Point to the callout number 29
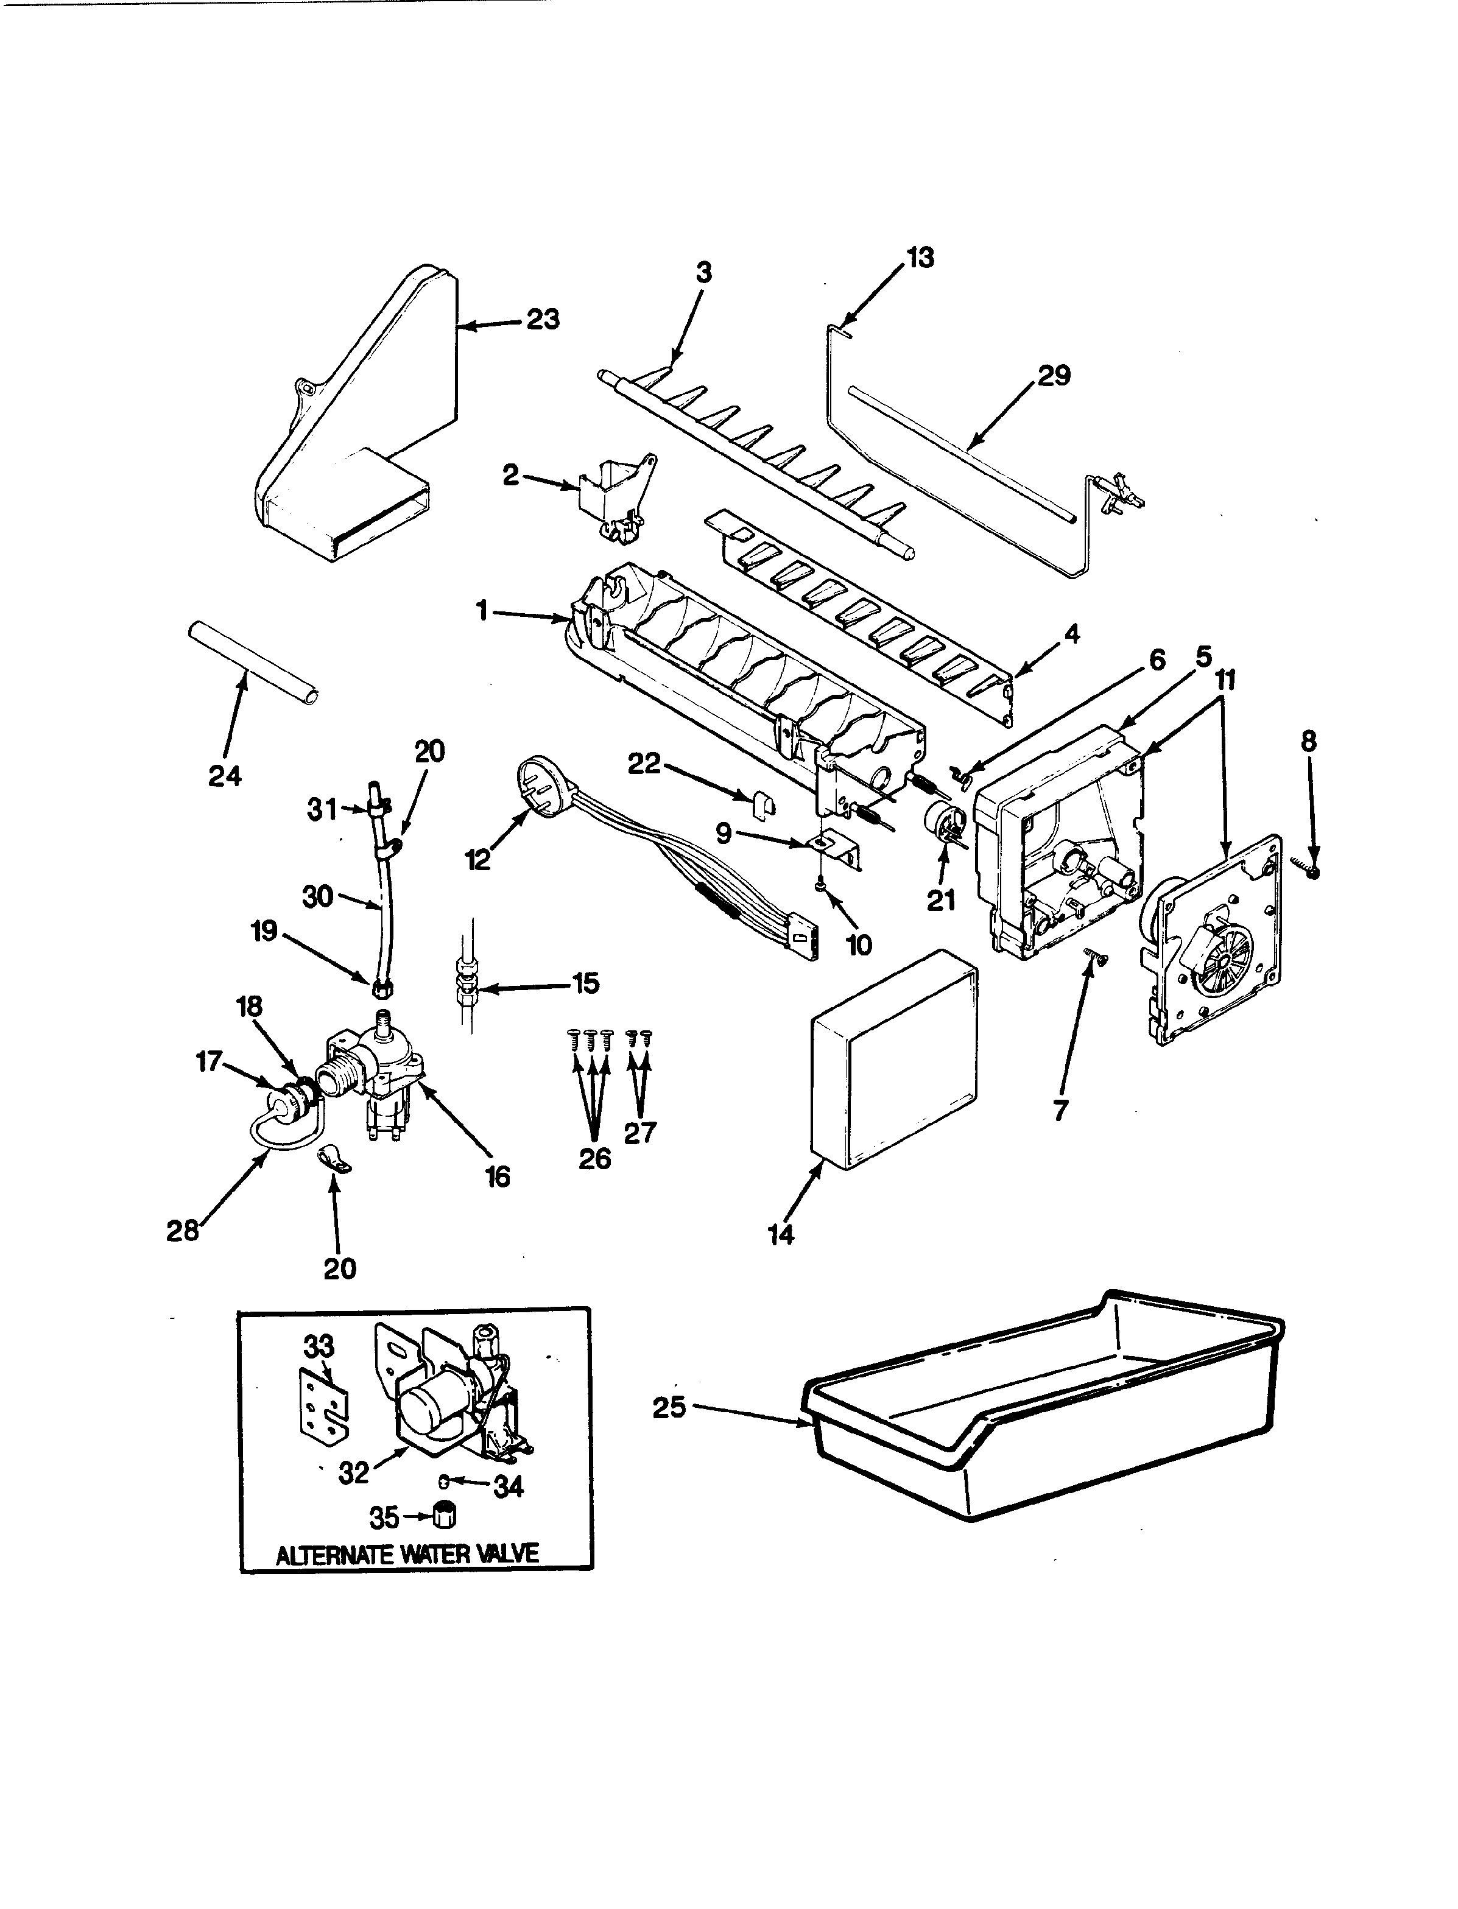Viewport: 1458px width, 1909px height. (1054, 376)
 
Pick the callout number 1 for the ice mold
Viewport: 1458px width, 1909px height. (481, 612)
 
